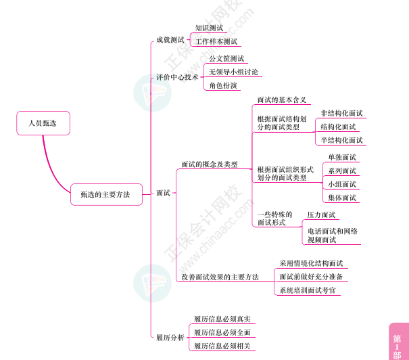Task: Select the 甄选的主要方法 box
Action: (105, 194)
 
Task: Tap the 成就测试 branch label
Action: (170, 41)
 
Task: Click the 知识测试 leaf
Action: (209, 28)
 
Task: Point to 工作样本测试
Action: (216, 41)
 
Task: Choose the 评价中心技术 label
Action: (177, 77)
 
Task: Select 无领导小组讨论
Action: (233, 72)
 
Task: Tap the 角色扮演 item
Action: (223, 86)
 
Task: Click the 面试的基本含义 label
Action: (282, 99)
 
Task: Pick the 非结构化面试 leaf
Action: (341, 113)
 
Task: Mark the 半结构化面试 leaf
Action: (341, 140)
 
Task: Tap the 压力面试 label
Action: (321, 215)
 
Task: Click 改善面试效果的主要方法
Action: (220, 277)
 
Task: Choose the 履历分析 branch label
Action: (170, 337)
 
